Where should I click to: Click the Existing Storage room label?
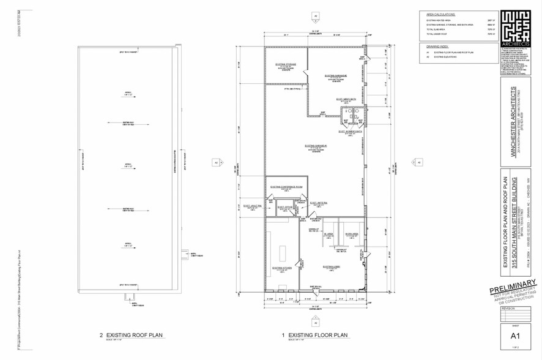click(285, 64)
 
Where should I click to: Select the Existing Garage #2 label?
click(335, 75)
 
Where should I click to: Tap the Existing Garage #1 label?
click(317, 146)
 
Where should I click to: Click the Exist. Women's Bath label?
click(347, 130)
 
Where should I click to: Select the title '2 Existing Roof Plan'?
click(132, 336)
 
